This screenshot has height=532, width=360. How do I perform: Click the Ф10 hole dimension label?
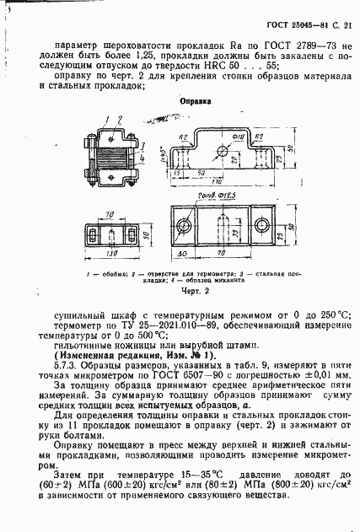pyautogui.click(x=239, y=133)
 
